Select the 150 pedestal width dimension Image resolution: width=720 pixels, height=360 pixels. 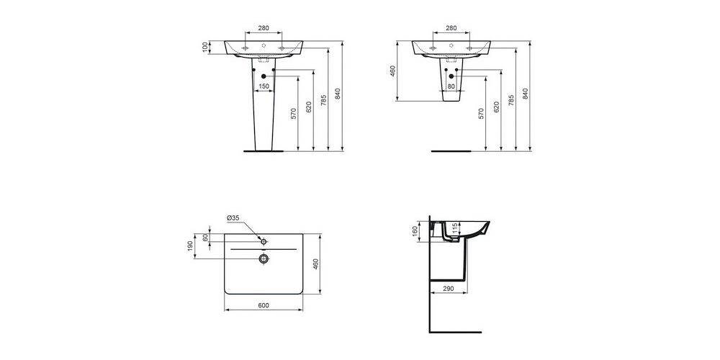click(x=264, y=86)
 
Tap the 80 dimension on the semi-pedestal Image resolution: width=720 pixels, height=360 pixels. click(x=451, y=86)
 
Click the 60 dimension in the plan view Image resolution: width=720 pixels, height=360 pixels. click(x=205, y=238)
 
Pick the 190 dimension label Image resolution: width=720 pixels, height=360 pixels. click(x=191, y=246)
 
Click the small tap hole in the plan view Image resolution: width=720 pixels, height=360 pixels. click(x=264, y=239)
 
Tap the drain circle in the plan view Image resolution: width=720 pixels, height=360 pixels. click(x=264, y=258)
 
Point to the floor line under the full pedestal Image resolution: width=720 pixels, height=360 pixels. click(x=264, y=152)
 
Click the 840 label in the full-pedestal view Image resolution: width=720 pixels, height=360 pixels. click(x=343, y=94)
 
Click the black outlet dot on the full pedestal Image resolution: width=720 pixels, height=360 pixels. click(x=264, y=76)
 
